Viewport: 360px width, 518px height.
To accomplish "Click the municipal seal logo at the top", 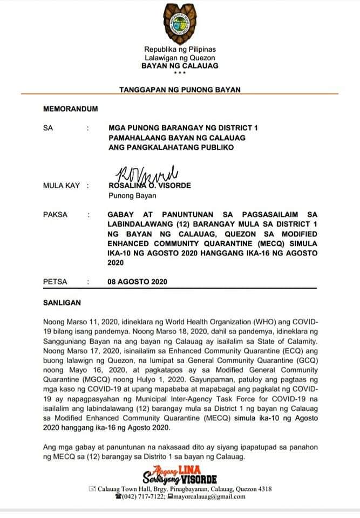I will (180, 24).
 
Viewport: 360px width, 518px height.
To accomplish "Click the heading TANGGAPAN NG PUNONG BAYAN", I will (180, 89).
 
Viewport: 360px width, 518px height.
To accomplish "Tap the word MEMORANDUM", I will (70, 109).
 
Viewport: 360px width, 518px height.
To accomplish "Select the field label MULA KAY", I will (61, 186).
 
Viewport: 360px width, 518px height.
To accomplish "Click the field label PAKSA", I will (55, 214).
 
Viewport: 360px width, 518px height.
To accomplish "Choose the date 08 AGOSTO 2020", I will (138, 282).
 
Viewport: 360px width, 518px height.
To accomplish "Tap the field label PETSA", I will (55, 282).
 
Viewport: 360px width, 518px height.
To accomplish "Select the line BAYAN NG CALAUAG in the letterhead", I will (180, 65).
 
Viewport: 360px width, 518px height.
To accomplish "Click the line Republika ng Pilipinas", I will (180, 50).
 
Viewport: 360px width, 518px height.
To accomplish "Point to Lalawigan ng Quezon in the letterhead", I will (180, 58).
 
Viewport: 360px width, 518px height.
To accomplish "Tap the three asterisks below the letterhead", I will (180, 73).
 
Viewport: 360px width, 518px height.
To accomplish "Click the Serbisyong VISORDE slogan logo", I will (180, 474).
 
